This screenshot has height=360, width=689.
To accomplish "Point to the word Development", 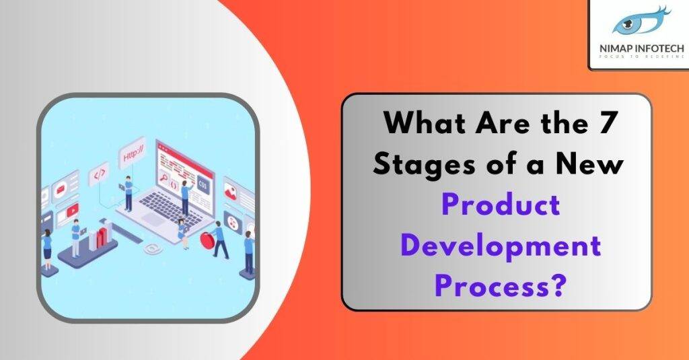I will point(497,245).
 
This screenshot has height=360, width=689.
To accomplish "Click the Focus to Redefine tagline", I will point(638,57).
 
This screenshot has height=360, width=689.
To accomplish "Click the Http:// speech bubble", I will point(133,155).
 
